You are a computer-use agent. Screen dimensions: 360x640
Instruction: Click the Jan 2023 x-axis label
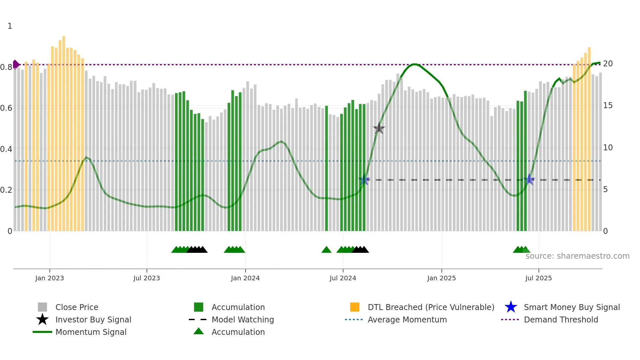50,278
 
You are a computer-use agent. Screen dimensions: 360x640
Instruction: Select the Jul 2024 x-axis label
343,278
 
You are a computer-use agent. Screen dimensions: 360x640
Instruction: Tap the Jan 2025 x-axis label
441,278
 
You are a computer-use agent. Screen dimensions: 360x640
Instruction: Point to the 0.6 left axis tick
6,108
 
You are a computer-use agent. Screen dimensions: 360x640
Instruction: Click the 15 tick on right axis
608,106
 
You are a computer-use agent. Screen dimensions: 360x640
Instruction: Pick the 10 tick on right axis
608,148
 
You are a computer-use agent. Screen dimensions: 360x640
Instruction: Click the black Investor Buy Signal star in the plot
379,128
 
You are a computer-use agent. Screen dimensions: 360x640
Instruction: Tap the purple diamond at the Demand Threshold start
16,64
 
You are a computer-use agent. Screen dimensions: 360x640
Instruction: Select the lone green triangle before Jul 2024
326,250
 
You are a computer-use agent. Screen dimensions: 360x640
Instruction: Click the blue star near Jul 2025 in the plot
529,180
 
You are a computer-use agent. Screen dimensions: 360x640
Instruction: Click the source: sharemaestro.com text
577,256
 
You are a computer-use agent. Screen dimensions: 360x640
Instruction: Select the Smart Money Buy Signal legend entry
572,307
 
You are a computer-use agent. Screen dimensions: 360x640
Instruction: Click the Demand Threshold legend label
561,320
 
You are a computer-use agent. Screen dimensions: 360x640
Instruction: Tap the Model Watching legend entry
243,320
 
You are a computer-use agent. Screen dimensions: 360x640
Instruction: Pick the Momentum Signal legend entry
91,332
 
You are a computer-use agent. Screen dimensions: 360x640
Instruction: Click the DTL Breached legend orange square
355,307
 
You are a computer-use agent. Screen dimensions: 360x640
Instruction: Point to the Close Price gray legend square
42,307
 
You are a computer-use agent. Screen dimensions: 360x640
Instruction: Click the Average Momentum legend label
407,320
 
